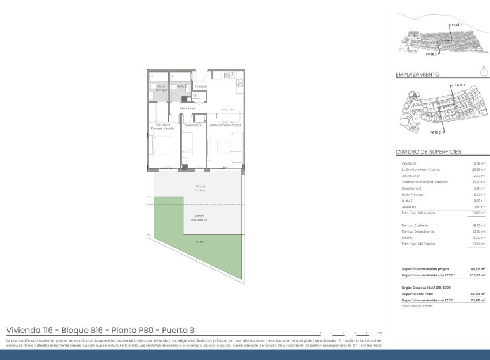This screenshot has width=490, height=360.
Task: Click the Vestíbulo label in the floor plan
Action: (200, 86)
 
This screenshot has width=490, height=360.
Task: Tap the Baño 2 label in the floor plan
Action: (181, 86)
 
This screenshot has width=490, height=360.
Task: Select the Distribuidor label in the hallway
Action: (188, 108)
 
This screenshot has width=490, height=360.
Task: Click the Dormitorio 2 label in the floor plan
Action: (193, 125)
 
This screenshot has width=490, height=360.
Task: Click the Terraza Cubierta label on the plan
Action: (199, 188)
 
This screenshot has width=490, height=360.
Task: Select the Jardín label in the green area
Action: (199, 242)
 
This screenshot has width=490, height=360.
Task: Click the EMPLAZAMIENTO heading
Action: (418, 75)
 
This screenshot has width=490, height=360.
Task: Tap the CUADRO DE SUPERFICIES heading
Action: (428, 152)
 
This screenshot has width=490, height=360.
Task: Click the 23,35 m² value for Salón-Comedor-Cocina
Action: (478, 170)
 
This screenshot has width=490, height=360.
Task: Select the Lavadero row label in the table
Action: (410, 206)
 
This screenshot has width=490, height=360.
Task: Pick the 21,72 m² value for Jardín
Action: (478, 238)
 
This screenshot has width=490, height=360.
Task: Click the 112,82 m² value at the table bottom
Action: (478, 300)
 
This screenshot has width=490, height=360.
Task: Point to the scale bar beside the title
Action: (351, 334)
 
